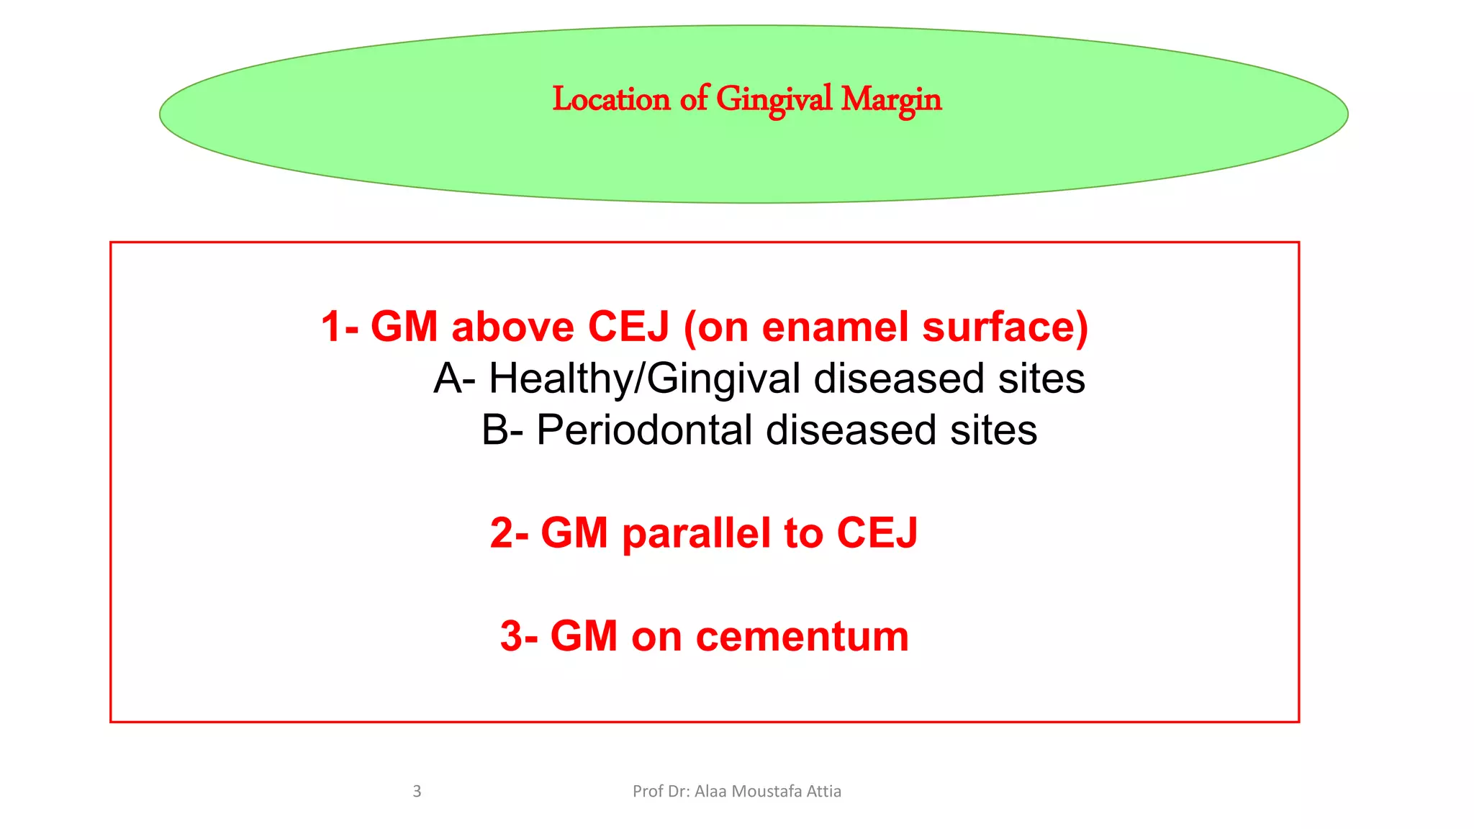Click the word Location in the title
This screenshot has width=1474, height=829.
pos(611,99)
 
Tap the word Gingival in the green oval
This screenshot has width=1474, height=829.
pos(774,99)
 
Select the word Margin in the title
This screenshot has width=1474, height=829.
pos(891,99)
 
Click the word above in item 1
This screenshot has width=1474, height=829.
pos(512,327)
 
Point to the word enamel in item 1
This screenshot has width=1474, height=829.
pos(835,327)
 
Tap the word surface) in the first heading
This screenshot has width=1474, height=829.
pos(1005,327)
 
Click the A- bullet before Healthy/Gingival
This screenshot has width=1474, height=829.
pos(454,379)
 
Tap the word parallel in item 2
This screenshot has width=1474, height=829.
pos(697,533)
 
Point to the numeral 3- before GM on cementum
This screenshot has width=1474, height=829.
pos(519,637)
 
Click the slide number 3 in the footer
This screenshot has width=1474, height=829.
pos(417,792)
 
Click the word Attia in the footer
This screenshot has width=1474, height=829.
pos(824,792)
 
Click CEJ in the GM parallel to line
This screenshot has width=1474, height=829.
pos(877,533)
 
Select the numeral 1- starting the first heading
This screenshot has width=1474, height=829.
pos(339,327)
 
